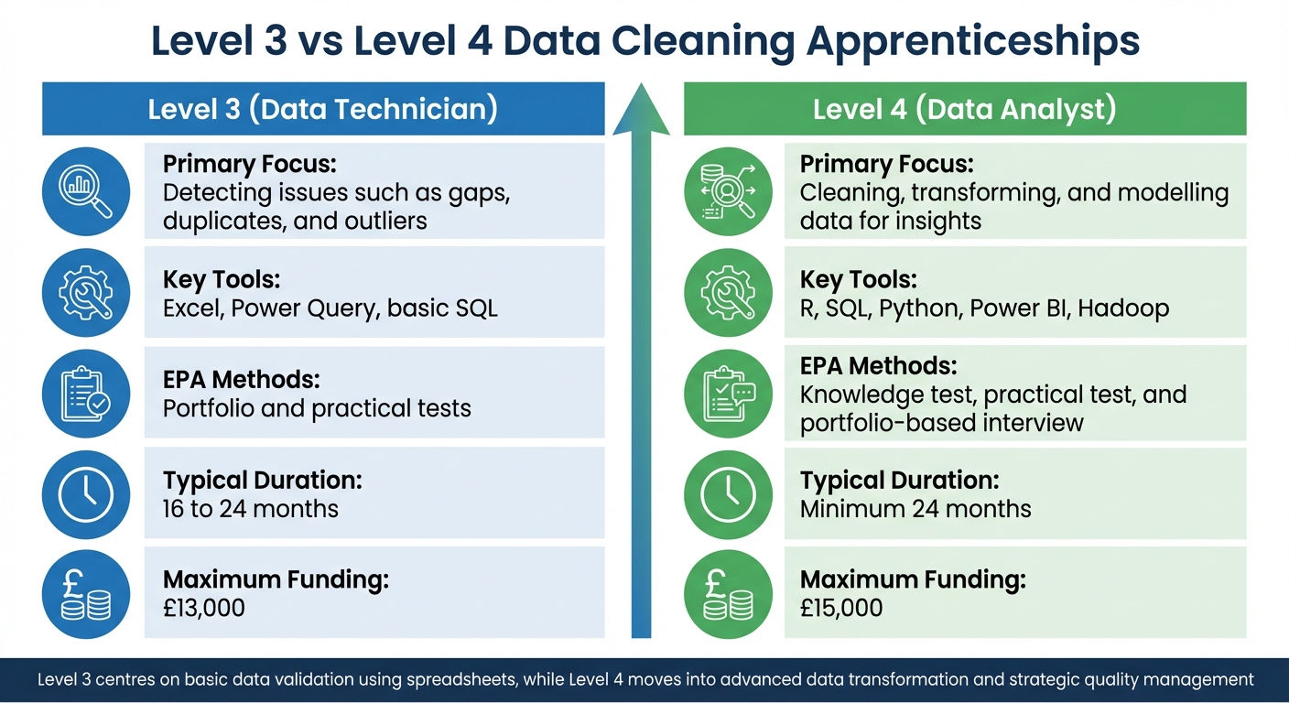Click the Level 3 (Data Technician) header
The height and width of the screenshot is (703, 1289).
click(x=322, y=109)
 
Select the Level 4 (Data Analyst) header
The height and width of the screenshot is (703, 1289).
click(x=964, y=109)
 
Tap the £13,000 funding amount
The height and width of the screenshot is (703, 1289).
click(x=203, y=607)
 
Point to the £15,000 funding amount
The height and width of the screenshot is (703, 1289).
click(x=840, y=607)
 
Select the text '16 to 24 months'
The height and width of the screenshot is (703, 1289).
click(x=250, y=508)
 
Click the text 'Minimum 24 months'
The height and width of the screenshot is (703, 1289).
click(x=915, y=508)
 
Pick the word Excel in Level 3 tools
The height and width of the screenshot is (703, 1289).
click(x=191, y=308)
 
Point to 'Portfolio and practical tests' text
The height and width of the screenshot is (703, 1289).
click(x=317, y=408)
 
